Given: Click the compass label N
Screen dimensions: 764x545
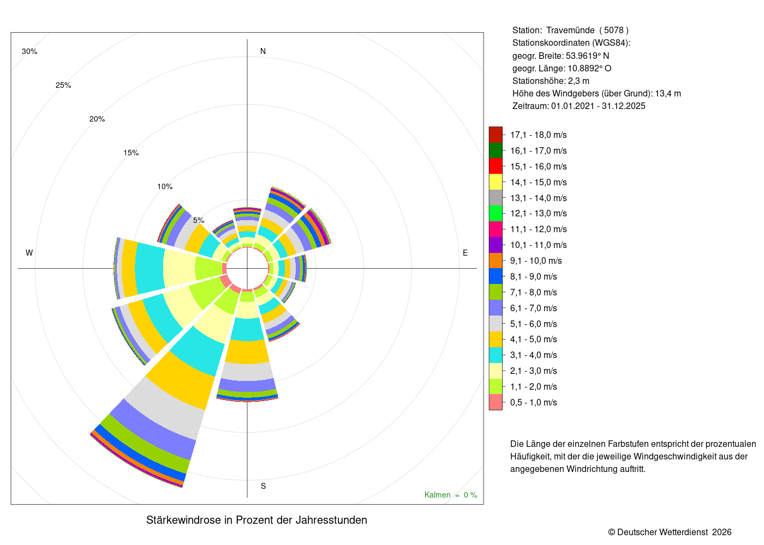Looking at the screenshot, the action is click(263, 51).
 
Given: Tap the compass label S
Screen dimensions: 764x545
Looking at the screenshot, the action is click(263, 486).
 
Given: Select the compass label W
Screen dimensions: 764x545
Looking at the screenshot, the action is click(29, 253).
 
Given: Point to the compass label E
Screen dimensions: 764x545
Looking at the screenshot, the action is click(465, 253).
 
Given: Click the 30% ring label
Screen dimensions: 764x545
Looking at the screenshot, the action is click(29, 51).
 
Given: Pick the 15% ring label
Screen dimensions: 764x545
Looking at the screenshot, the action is click(131, 153).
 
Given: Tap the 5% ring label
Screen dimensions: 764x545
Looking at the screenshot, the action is click(199, 220).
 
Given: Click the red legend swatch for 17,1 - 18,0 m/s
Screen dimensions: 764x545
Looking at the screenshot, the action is click(496, 135).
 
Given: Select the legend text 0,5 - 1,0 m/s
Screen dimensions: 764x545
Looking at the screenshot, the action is click(534, 402).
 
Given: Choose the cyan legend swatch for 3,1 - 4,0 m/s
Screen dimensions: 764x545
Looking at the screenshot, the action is click(496, 355).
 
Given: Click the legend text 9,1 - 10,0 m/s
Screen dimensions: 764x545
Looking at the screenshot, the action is click(536, 261).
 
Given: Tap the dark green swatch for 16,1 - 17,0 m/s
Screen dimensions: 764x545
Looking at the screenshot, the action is click(496, 150).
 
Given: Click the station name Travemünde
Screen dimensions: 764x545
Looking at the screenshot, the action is click(570, 31).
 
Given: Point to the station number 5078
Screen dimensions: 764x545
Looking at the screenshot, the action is click(613, 31).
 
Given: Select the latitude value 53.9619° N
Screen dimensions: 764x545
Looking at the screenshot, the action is click(587, 56).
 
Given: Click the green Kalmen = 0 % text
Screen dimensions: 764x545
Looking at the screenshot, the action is click(451, 495).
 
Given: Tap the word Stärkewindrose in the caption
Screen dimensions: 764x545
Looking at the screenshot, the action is click(183, 520).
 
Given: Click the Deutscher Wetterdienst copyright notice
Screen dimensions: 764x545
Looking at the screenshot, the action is click(670, 532).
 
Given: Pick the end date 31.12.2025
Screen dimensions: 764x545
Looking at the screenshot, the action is click(623, 106).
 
